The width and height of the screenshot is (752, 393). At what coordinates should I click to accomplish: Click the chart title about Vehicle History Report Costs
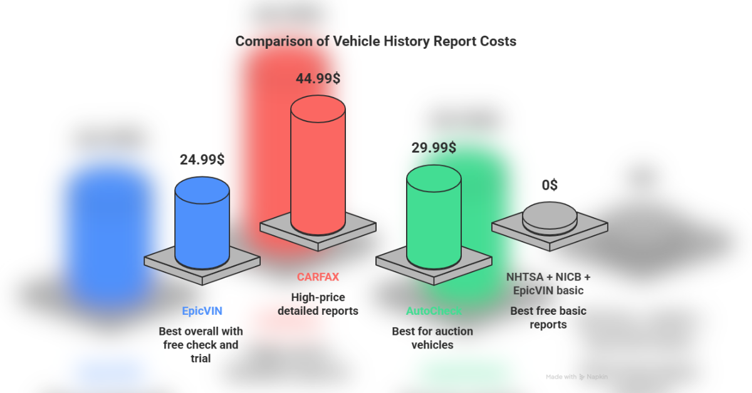[376, 42]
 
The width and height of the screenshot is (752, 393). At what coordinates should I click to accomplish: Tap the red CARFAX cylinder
[318, 169]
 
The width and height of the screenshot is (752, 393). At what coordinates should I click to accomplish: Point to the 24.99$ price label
[202, 159]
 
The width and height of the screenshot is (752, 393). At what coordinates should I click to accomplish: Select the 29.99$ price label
[434, 148]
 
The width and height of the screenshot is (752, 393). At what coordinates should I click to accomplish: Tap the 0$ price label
[550, 185]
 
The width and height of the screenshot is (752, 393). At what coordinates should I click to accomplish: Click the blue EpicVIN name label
[202, 311]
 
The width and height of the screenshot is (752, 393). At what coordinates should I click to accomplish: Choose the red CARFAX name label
[318, 277]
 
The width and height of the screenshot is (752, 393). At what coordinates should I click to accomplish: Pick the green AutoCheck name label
[433, 311]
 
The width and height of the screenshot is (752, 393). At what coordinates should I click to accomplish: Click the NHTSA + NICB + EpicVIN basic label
[549, 283]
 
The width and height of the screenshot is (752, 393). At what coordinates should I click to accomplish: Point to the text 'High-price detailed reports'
[318, 304]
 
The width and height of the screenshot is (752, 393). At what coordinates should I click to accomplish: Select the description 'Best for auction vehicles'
[432, 338]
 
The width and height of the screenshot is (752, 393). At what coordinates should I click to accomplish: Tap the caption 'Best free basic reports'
[548, 318]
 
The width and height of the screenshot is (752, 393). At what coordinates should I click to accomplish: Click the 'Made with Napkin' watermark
[577, 377]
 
